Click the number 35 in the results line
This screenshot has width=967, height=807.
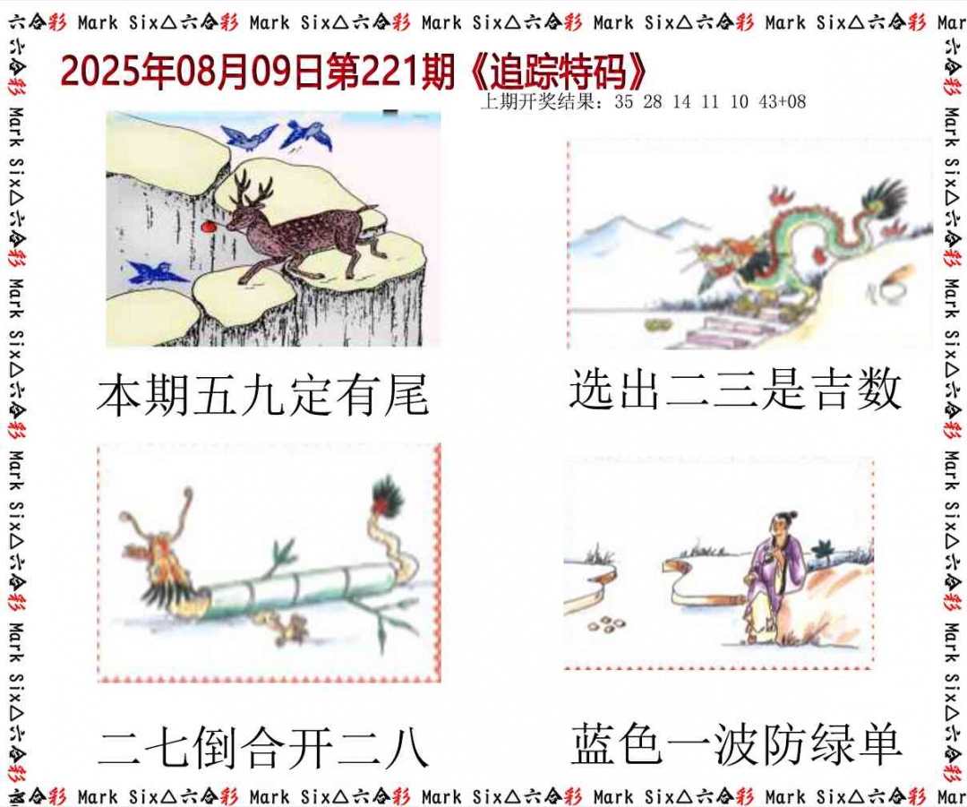(x=624, y=102)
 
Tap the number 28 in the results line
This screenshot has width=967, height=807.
(x=653, y=102)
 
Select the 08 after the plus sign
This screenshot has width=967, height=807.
(x=795, y=102)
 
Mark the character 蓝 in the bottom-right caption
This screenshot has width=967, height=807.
(x=595, y=744)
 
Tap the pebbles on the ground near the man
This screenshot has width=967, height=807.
(x=612, y=622)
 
